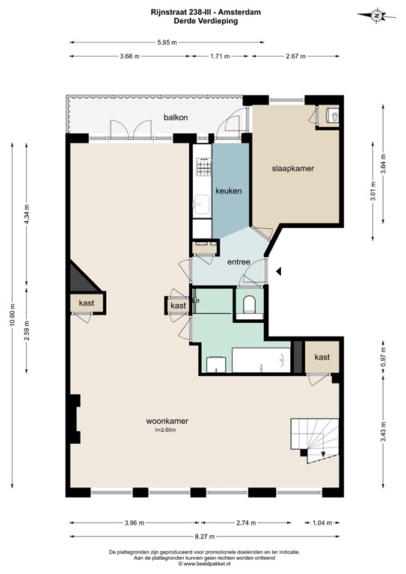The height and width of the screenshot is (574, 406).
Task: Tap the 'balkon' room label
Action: click(x=176, y=118)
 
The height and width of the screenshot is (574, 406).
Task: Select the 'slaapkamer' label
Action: click(x=292, y=169)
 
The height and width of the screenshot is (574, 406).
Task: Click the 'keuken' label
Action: click(x=228, y=191)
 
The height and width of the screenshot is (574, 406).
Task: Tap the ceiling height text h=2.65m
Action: click(x=166, y=430)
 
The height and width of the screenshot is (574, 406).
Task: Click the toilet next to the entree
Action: click(x=250, y=303)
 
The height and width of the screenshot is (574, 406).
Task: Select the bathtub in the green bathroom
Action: click(x=260, y=359)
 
